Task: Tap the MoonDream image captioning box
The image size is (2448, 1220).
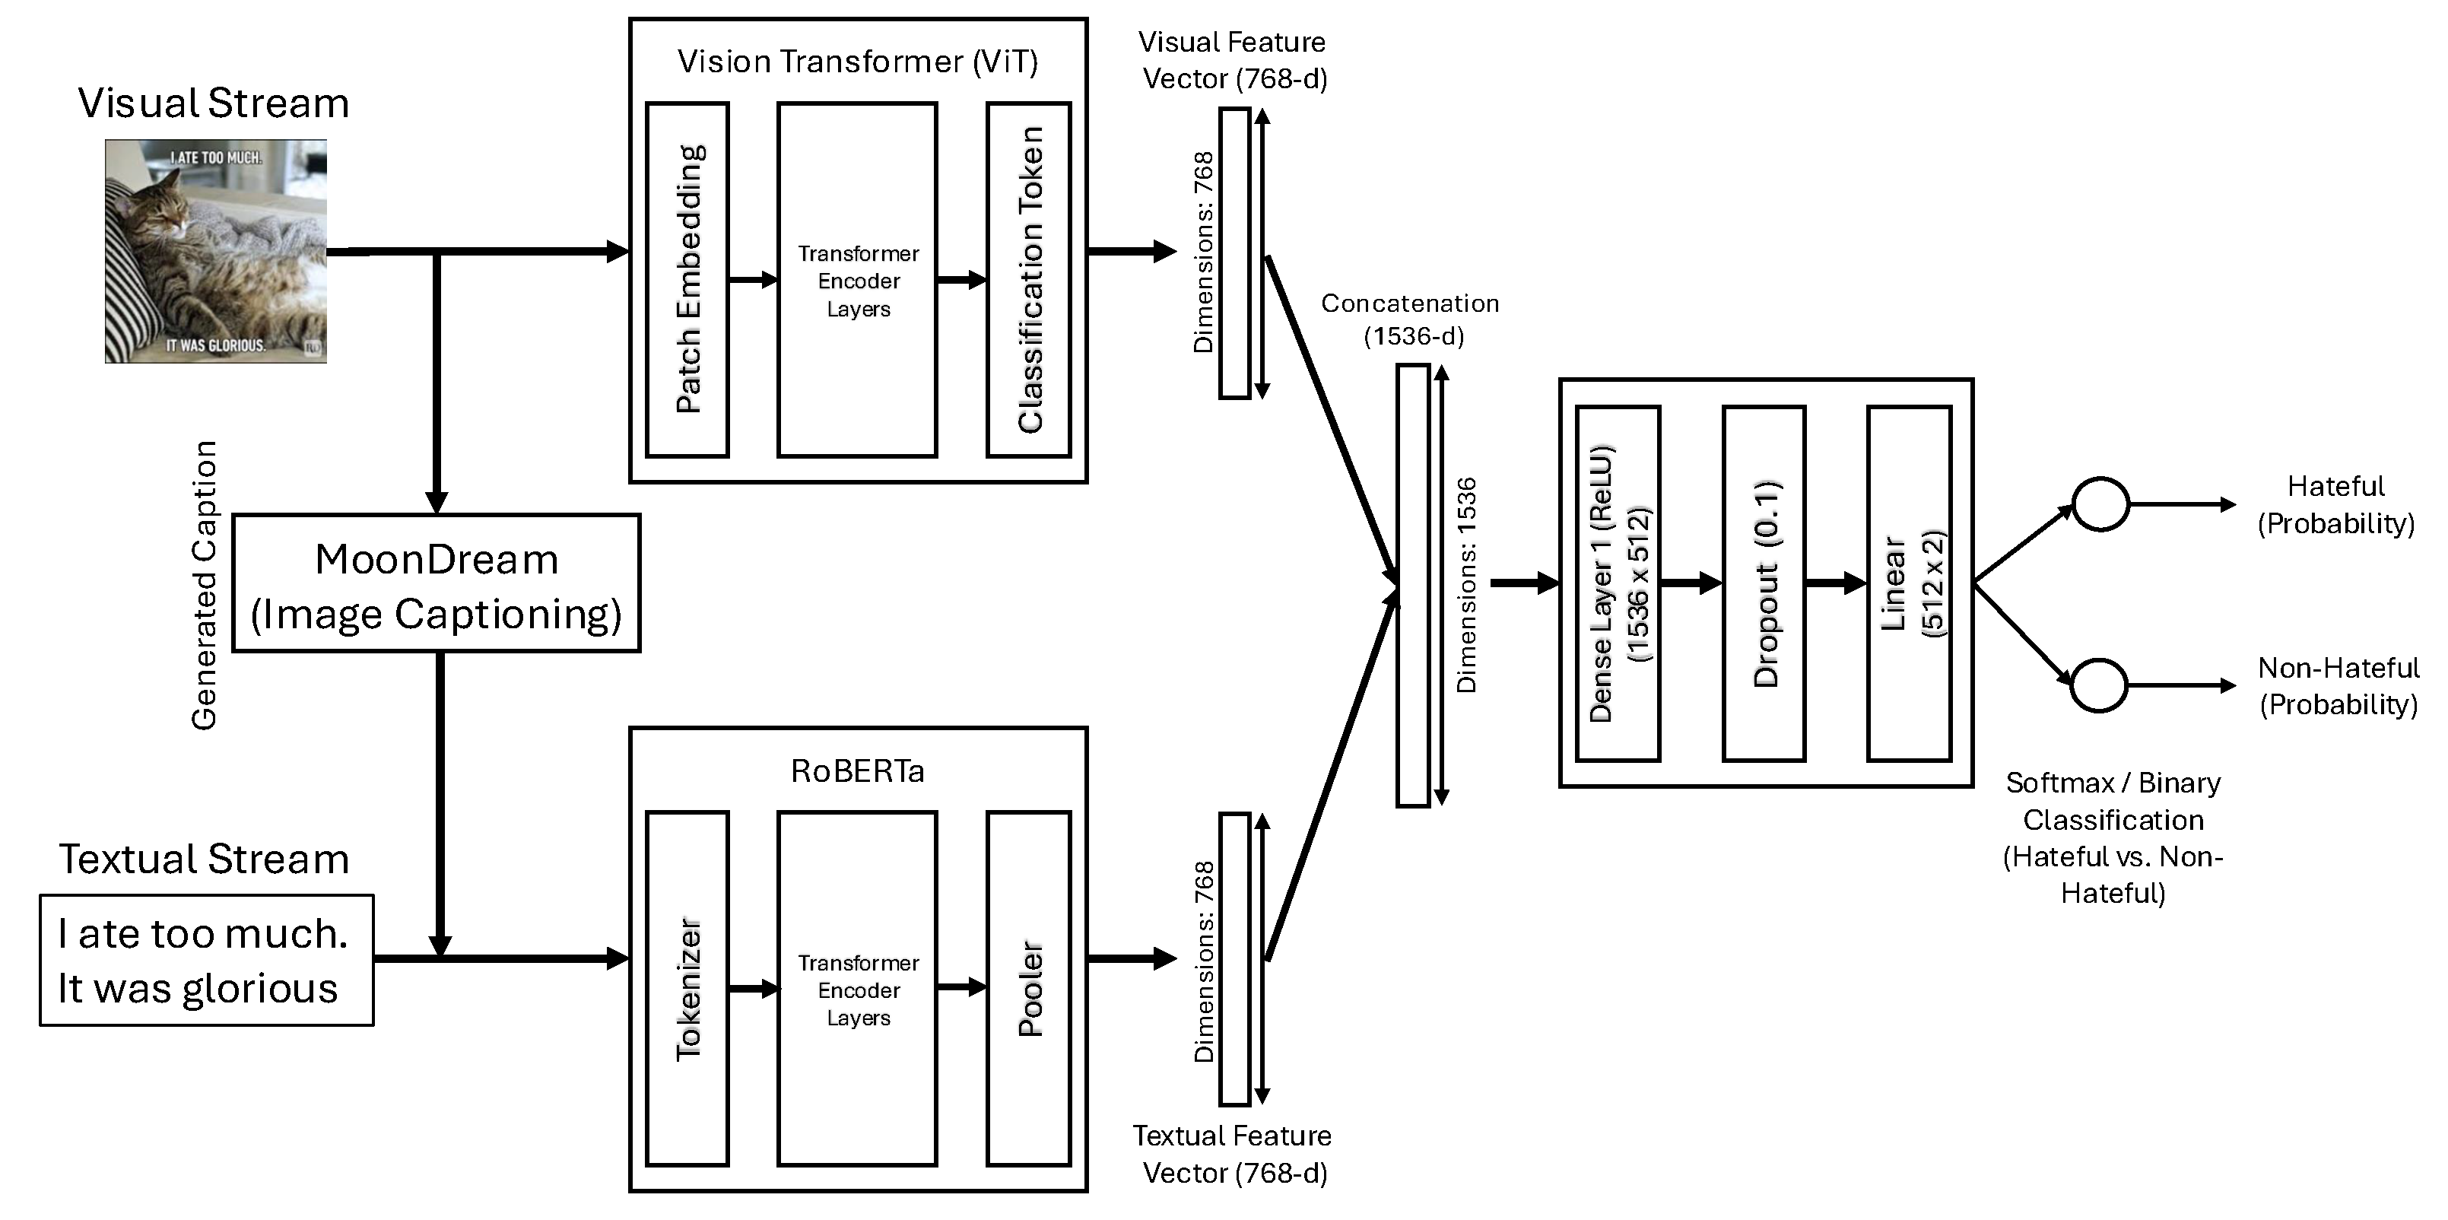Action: (x=437, y=583)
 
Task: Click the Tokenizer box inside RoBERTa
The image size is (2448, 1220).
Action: (x=687, y=988)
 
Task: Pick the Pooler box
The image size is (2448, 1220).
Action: (x=1029, y=988)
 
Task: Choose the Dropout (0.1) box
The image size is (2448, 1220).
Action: (x=1764, y=583)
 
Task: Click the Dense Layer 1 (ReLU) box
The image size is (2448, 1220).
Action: (x=1618, y=583)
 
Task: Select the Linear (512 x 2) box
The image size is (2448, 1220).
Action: (x=1909, y=583)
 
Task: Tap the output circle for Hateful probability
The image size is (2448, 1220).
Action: (x=2100, y=504)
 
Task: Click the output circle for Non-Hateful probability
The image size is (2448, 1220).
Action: (x=2098, y=685)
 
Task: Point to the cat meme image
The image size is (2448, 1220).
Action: (x=216, y=252)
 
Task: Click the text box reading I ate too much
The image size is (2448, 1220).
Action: (x=206, y=961)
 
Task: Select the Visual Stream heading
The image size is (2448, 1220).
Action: (x=214, y=103)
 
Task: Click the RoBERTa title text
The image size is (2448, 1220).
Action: (x=857, y=770)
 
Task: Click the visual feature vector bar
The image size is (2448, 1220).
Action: (x=1234, y=253)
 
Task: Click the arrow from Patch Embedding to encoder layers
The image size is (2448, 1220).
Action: (x=753, y=281)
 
